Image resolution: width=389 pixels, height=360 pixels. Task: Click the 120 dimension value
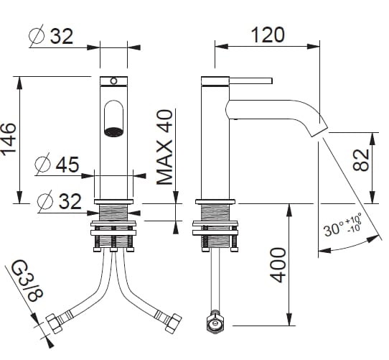tap(268, 34)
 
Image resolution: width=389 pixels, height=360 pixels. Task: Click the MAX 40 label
tap(166, 147)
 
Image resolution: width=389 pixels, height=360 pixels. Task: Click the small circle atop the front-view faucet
tap(113, 80)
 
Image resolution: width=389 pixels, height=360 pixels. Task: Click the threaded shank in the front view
tap(113, 212)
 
